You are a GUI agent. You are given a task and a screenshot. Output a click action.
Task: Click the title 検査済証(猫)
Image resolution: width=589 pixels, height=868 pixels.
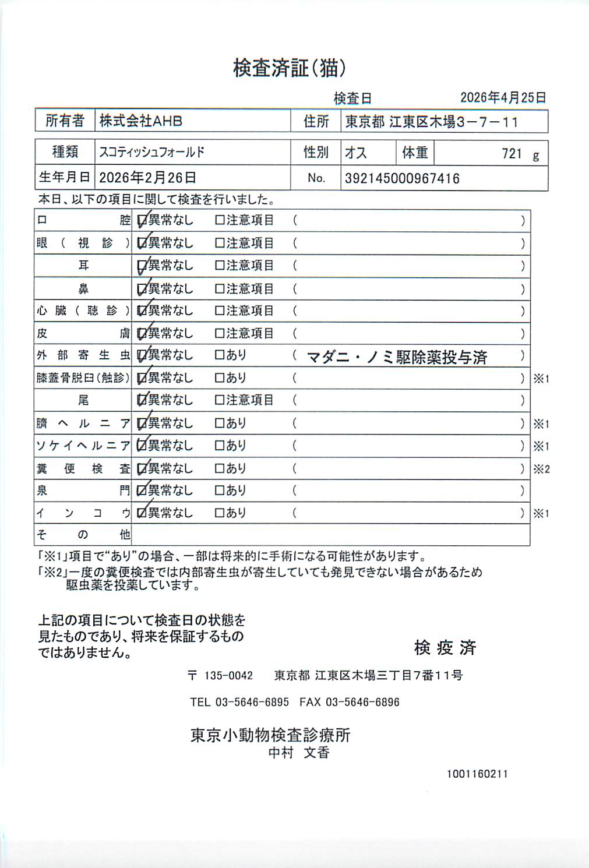[x=290, y=68]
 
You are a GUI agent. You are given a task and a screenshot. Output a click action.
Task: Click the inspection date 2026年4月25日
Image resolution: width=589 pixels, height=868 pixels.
[x=503, y=97]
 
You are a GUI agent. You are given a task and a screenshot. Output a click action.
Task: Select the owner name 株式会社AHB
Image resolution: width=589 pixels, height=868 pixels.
[x=140, y=121]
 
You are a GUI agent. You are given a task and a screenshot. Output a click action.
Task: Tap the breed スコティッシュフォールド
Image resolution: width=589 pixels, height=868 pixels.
[x=151, y=152]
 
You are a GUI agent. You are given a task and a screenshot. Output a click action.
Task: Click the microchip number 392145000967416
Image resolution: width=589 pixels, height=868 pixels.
[x=402, y=178]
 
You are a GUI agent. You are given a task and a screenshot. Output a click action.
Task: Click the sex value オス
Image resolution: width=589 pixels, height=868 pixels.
[x=355, y=153]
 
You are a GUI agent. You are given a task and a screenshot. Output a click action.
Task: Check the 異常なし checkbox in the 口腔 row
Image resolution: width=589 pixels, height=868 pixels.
[x=142, y=221]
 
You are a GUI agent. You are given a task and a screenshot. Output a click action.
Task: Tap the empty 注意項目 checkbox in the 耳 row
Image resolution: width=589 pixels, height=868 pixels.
[x=220, y=266]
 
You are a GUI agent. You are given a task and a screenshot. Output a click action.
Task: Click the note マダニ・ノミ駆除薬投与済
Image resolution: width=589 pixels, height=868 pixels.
[x=397, y=357]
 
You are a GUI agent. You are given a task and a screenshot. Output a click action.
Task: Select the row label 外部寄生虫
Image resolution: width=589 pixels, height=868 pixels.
[x=83, y=355]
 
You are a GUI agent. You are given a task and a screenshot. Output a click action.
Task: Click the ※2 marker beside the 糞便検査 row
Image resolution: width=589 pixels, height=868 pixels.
[x=541, y=469]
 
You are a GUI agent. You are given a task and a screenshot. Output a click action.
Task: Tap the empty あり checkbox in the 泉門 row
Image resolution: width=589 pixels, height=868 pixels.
[x=220, y=491]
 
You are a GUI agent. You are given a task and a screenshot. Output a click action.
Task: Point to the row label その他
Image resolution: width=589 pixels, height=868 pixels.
[x=83, y=534]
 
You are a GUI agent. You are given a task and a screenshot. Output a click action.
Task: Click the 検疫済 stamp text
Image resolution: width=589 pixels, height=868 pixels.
[x=445, y=647]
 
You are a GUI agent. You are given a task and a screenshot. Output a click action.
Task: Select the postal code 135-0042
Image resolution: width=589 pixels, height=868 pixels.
[x=228, y=676]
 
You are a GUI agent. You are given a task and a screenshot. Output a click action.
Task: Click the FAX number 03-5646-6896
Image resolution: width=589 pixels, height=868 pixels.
[x=362, y=702]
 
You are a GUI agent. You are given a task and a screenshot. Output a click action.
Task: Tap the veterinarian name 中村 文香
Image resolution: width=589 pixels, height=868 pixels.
[x=299, y=753]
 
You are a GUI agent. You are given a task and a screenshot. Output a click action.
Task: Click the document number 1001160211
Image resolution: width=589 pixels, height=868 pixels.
[x=477, y=774]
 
